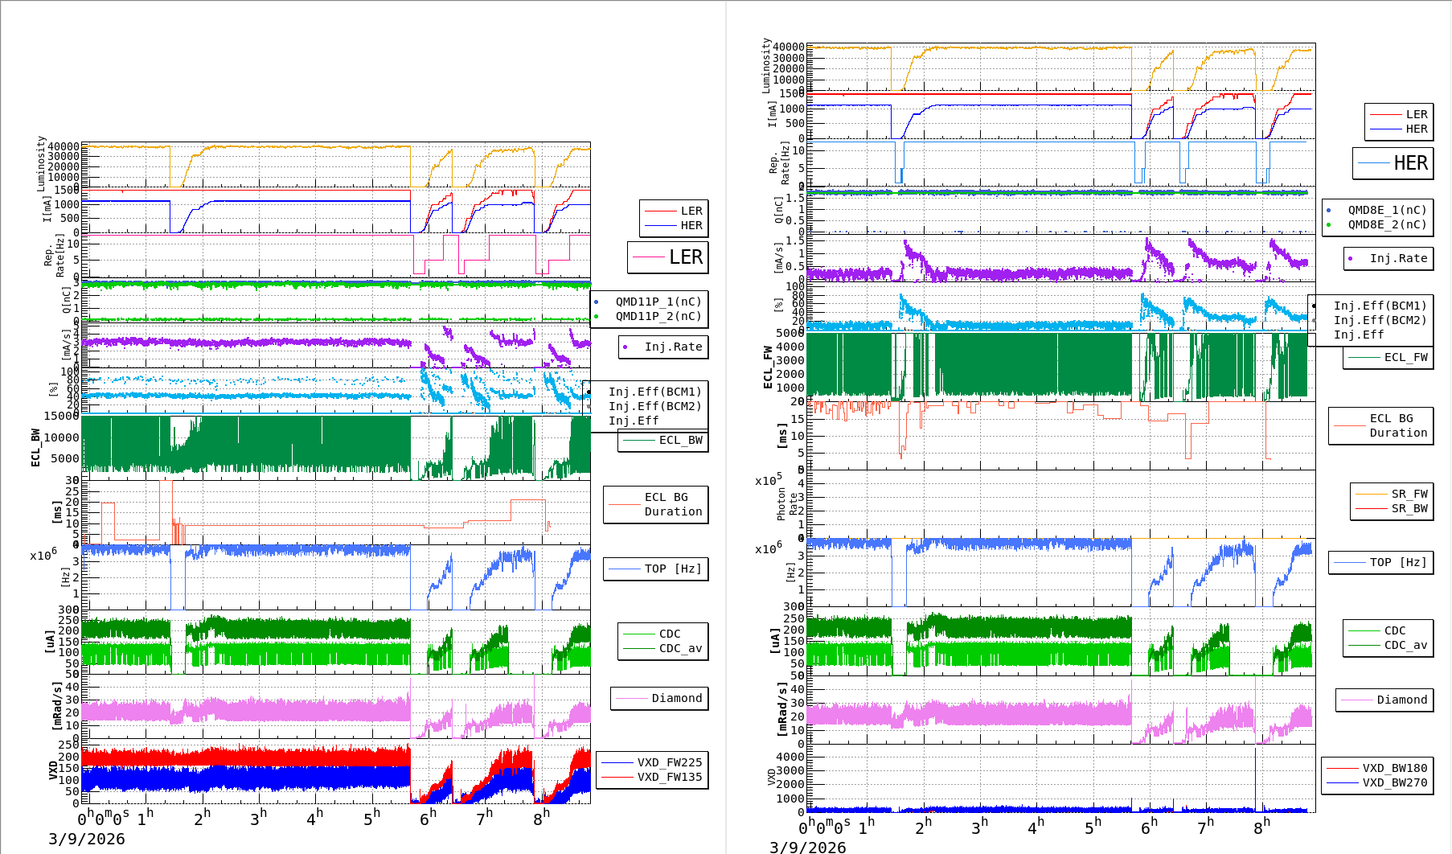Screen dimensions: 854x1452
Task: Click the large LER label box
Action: click(x=668, y=257)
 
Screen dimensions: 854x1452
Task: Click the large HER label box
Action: click(x=1393, y=163)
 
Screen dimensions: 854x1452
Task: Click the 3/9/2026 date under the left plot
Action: click(x=87, y=839)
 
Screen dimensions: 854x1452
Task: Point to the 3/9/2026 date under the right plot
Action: click(x=807, y=847)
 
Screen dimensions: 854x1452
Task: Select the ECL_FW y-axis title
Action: click(x=768, y=367)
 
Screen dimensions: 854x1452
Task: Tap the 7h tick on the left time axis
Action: click(x=484, y=818)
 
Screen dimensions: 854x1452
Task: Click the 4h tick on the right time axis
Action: click(x=1036, y=826)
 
